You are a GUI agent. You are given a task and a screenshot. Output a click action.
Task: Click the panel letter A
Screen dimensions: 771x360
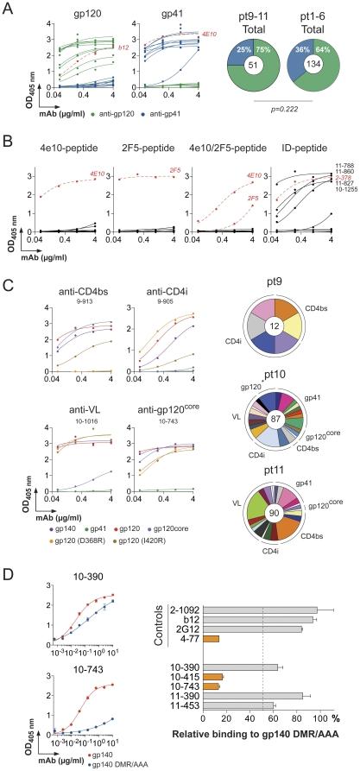[7, 7]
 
